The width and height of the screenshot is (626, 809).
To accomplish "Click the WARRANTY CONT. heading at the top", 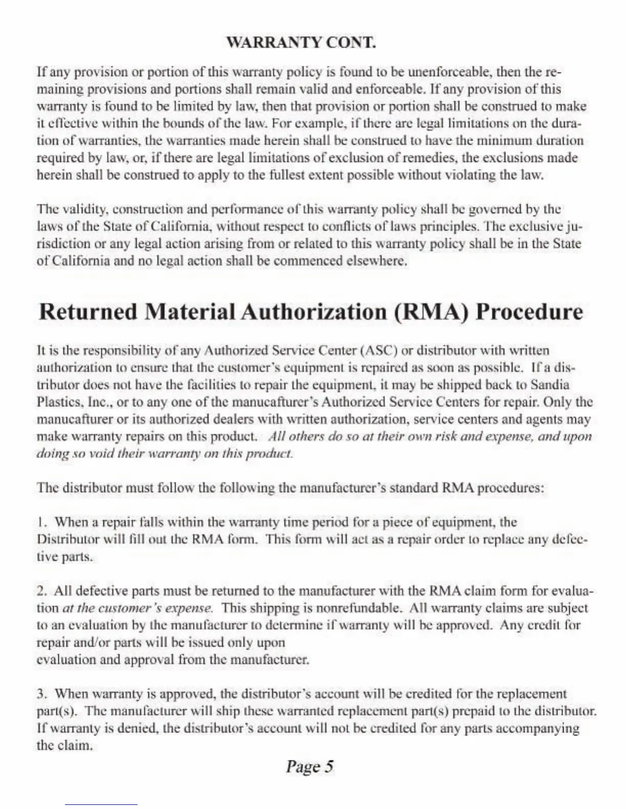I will point(301,42).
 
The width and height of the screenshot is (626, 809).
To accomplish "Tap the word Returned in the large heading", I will point(88,312).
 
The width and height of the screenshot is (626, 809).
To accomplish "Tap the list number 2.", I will point(42,591).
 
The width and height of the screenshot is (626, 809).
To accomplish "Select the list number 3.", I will point(42,694).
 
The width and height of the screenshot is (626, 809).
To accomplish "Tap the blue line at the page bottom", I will point(101,805).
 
